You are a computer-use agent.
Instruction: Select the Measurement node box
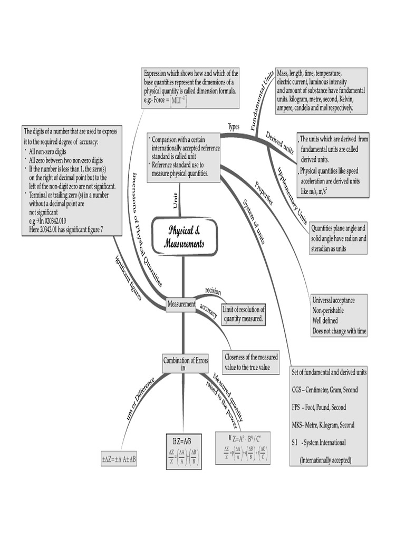click(x=181, y=304)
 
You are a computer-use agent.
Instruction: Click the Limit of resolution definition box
click(x=244, y=314)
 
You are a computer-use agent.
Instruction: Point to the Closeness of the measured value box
click(x=252, y=362)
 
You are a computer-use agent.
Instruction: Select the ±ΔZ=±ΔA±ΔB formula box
click(x=119, y=459)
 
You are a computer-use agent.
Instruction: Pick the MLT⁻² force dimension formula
click(x=178, y=101)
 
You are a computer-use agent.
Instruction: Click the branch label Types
click(x=234, y=127)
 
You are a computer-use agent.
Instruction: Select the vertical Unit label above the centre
click(x=176, y=200)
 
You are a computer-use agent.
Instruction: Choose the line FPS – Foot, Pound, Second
click(x=320, y=408)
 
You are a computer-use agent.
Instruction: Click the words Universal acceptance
click(x=333, y=300)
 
